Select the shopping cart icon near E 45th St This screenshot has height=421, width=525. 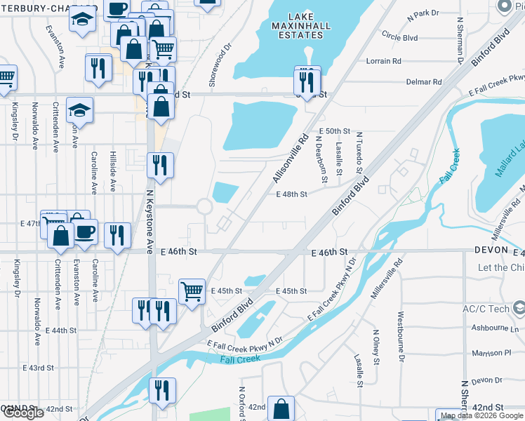191,290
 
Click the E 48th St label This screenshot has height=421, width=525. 291,194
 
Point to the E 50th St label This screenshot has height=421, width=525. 333,131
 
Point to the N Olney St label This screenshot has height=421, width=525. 376,347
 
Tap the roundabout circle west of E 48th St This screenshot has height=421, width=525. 204,207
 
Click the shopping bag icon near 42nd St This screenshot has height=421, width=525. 281,409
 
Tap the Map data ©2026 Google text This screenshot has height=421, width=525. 481,415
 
